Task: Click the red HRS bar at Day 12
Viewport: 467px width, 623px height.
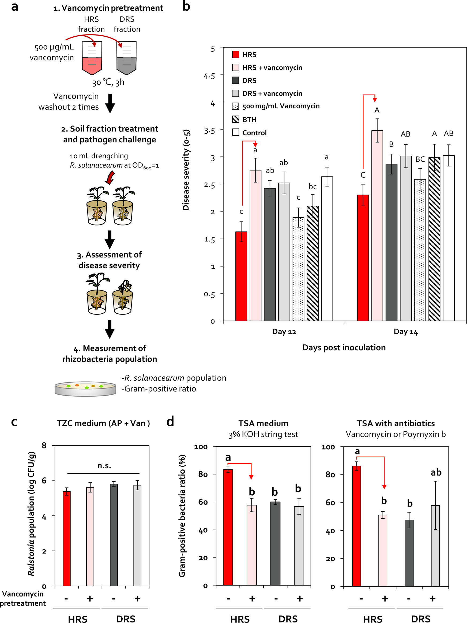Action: tap(241, 276)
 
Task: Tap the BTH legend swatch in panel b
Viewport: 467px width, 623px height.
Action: tap(235, 119)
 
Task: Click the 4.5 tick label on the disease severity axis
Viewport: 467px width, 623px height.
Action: tap(209, 76)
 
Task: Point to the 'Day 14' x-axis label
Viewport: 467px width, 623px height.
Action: tap(406, 332)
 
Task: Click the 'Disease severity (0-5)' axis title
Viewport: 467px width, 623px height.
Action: tap(186, 170)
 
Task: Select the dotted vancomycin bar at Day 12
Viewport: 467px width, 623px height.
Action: tap(298, 269)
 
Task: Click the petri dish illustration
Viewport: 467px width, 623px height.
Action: tap(85, 389)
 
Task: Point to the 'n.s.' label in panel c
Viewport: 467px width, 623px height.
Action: tap(104, 466)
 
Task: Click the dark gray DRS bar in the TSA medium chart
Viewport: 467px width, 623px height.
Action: tap(275, 544)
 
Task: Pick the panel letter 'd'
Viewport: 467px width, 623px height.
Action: tap(170, 422)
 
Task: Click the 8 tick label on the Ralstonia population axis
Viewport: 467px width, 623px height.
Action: tap(44, 445)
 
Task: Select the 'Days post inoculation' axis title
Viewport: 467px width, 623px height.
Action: tap(344, 348)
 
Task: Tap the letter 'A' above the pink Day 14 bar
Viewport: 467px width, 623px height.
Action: tap(377, 111)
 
